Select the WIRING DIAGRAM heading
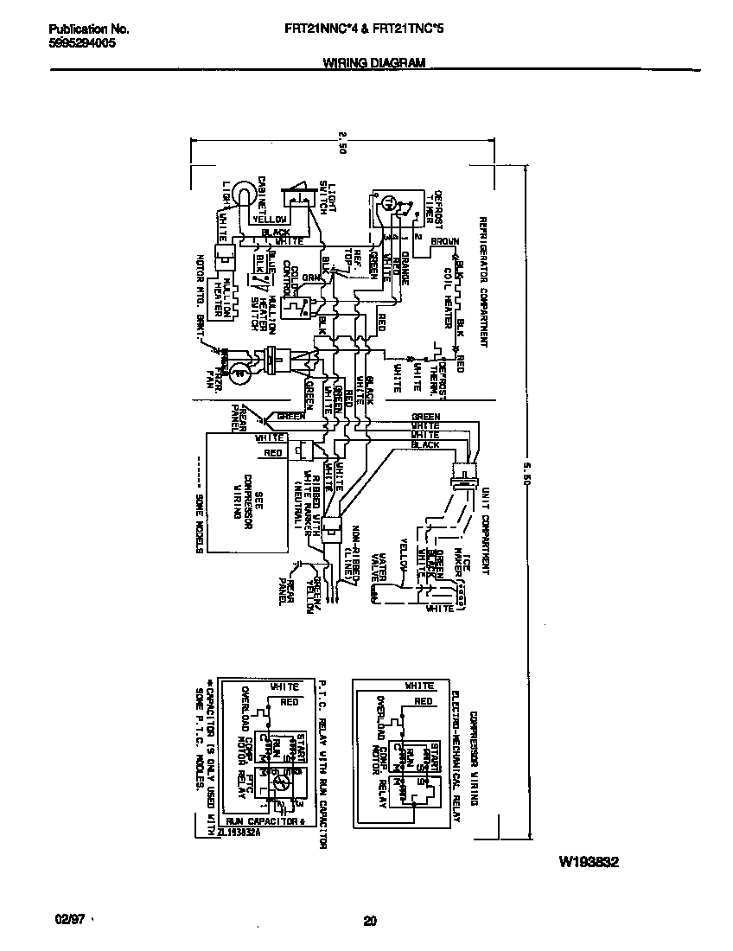click(x=373, y=63)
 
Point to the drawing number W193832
click(x=590, y=862)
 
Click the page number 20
click(x=370, y=921)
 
